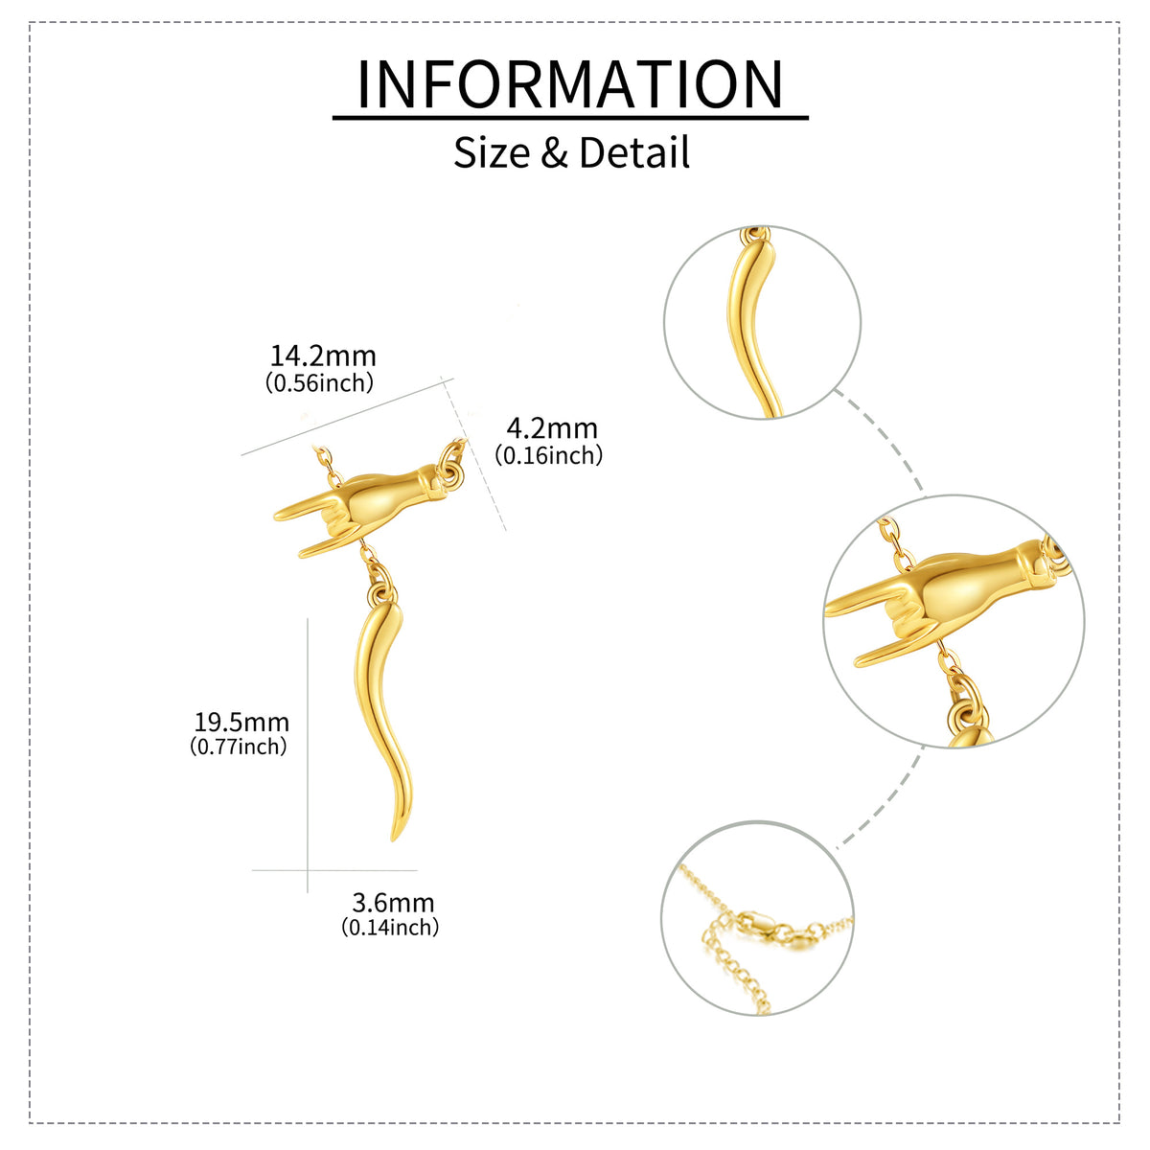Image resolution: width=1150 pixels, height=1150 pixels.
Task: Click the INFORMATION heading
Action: point(570,84)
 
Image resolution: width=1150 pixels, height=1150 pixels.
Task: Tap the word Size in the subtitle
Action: point(492,152)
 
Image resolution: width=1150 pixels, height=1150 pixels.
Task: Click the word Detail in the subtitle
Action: point(634,152)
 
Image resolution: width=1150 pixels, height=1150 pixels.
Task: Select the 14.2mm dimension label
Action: point(323,356)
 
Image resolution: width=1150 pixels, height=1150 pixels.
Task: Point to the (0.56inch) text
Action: point(320,382)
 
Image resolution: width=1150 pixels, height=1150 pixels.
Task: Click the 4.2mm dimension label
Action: point(551,428)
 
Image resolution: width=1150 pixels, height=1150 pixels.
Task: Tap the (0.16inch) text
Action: point(548,455)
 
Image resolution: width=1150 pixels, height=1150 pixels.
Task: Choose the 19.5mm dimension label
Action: point(241,723)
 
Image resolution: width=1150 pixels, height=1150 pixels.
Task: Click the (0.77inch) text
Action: point(239,747)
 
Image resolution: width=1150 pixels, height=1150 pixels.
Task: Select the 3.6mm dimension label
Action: point(393,903)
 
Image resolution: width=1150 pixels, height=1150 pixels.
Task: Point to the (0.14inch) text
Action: point(390,928)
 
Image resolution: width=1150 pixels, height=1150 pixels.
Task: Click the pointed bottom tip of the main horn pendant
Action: point(393,840)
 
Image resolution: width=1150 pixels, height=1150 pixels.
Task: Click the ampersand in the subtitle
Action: point(555,152)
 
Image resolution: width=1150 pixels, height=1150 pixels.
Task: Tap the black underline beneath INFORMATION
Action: point(570,118)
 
